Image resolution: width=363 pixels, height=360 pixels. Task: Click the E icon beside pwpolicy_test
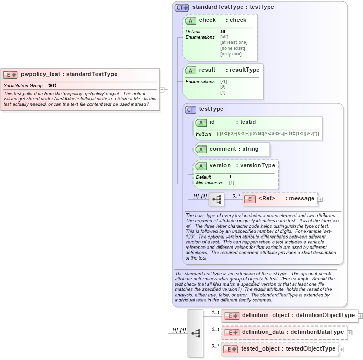click(10, 75)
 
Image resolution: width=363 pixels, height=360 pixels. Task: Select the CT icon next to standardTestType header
click(181, 7)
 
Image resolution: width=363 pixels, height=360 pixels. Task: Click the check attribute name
click(208, 20)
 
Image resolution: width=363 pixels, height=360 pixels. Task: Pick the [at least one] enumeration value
click(234, 42)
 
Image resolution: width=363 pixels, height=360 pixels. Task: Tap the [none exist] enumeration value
click(232, 48)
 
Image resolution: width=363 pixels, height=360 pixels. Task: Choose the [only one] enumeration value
click(231, 54)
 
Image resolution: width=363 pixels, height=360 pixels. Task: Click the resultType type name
click(245, 70)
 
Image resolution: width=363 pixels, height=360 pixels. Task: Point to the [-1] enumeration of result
click(223, 82)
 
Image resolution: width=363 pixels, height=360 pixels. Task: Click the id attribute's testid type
click(248, 122)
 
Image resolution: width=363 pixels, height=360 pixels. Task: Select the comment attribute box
click(232, 149)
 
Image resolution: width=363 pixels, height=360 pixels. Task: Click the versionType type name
click(257, 165)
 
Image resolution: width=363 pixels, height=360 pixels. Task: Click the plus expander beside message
click(321, 199)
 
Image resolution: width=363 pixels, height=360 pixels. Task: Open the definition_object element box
click(290, 316)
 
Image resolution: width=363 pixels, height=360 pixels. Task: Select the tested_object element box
click(280, 349)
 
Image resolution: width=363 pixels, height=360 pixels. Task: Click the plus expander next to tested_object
click(342, 349)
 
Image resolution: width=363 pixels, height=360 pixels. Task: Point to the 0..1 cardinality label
click(215, 329)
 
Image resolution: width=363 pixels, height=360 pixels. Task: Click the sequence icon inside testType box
click(216, 199)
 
